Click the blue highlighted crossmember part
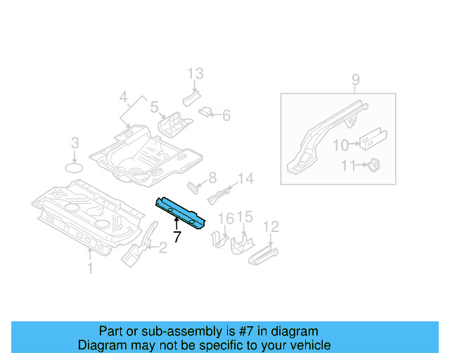(x=180, y=213)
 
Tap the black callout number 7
(x=177, y=237)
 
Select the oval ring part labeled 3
(x=74, y=168)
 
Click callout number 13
(x=195, y=74)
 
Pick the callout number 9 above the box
(x=356, y=79)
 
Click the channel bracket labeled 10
(x=373, y=139)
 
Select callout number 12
(x=271, y=226)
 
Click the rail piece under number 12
(x=263, y=255)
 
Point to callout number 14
(x=246, y=179)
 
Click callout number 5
(x=155, y=107)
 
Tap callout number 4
(x=124, y=97)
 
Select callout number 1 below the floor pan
(x=90, y=268)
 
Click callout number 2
(x=162, y=247)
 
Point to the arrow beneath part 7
(x=176, y=224)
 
